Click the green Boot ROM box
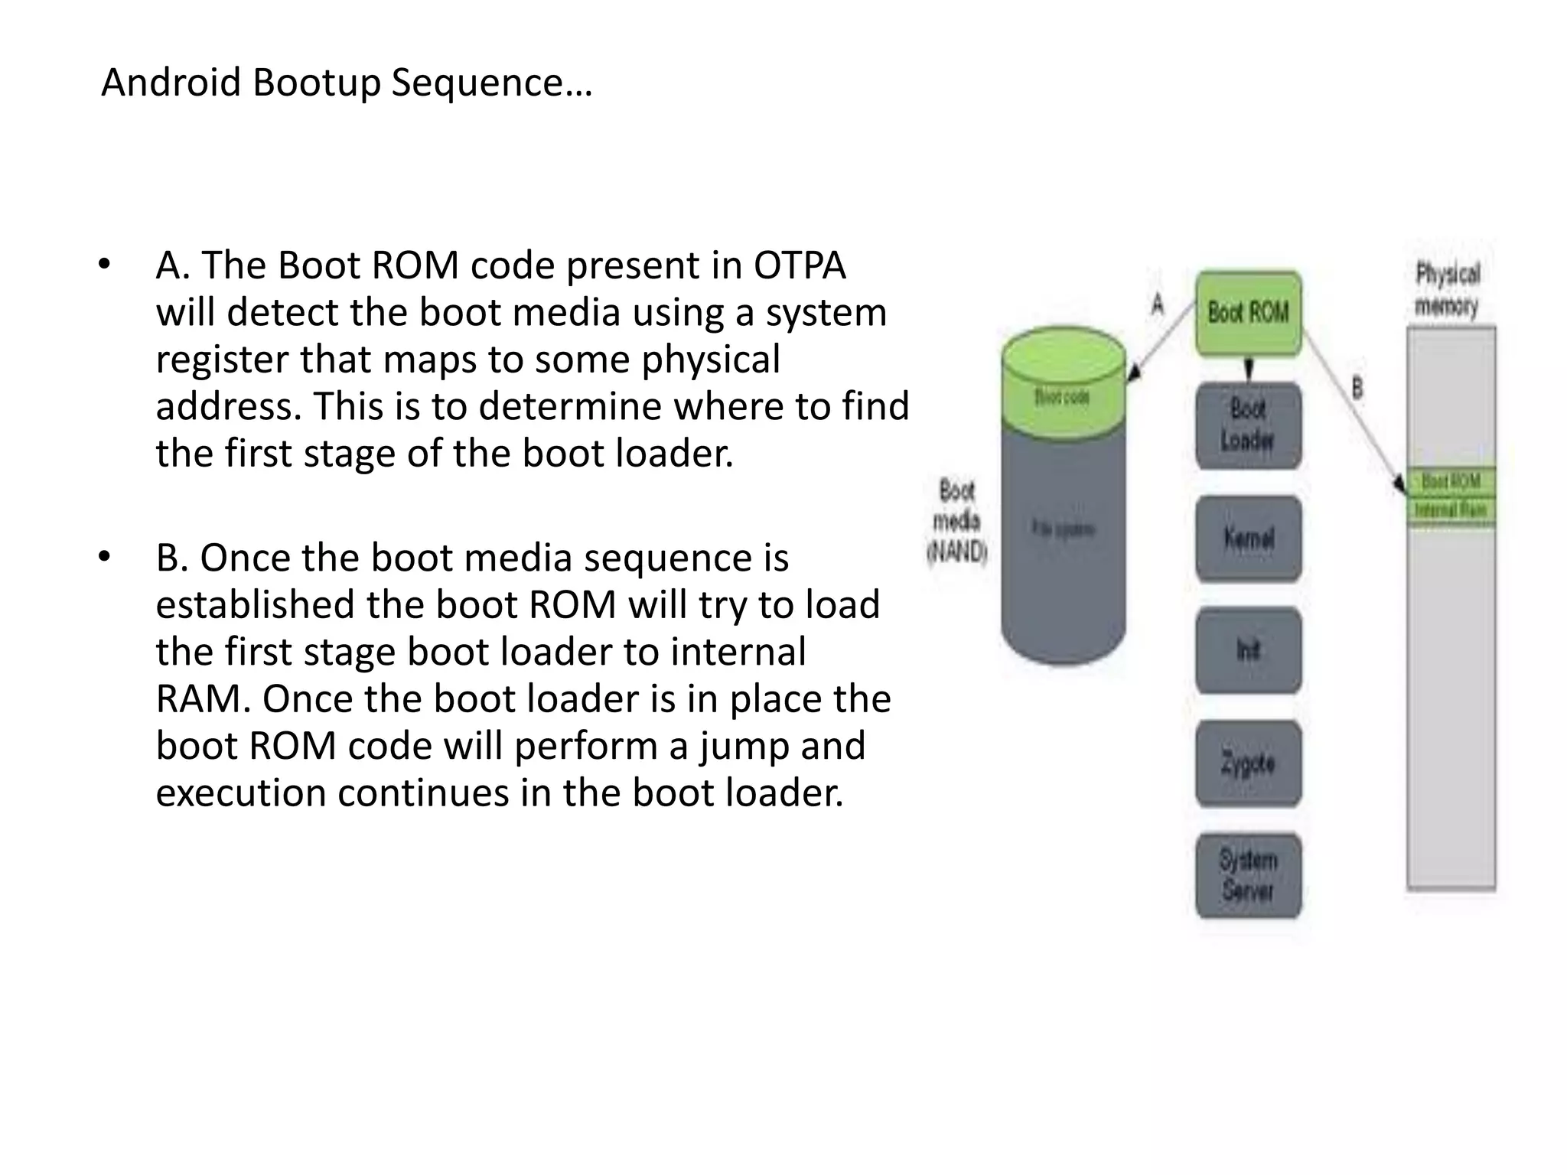[x=1248, y=313]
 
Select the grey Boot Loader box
[x=1248, y=425]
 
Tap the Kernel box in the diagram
[x=1248, y=539]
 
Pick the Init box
[x=1248, y=650]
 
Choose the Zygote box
[x=1248, y=763]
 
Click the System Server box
[x=1248, y=875]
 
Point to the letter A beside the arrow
[x=1158, y=304]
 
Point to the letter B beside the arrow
[x=1357, y=389]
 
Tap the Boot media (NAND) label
[x=957, y=521]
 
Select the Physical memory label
[x=1447, y=290]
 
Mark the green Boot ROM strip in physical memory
[x=1451, y=481]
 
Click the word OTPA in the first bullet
[x=800, y=266]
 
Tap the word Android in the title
[x=171, y=82]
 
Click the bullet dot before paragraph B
[x=105, y=556]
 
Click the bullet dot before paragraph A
[x=105, y=265]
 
